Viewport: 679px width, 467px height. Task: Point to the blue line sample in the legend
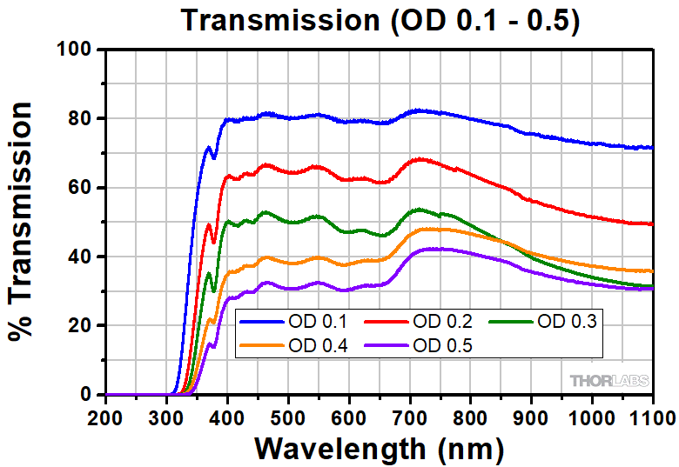coord(261,323)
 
